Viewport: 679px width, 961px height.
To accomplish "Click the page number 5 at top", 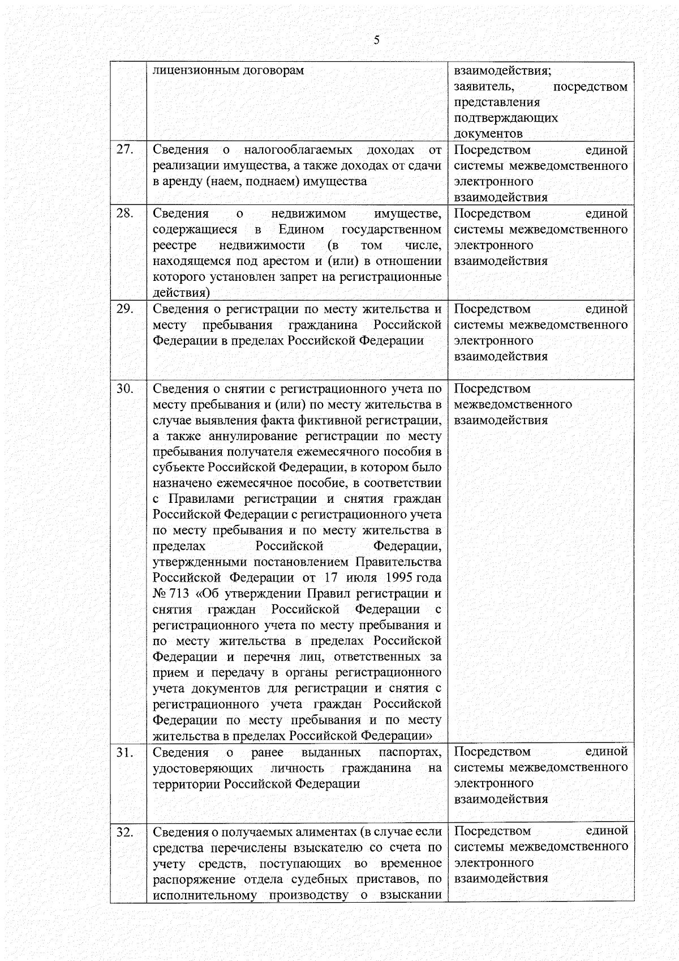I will pyautogui.click(x=376, y=40).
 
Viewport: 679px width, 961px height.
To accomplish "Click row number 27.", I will pyautogui.click(x=124, y=150).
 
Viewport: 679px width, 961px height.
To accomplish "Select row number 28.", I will pyautogui.click(x=124, y=213).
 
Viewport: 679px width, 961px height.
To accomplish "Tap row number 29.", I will pyautogui.click(x=124, y=309).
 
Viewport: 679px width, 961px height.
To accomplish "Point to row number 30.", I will pyautogui.click(x=124, y=388).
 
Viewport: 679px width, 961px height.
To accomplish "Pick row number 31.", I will pyautogui.click(x=124, y=752).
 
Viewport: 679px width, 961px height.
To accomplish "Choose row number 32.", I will pyautogui.click(x=124, y=832).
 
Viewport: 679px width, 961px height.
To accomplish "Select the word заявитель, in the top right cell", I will pyautogui.click(x=484, y=87).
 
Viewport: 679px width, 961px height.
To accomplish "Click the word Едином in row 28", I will pyautogui.click(x=301, y=229).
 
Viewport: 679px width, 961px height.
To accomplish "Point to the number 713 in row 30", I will pyautogui.click(x=178, y=593).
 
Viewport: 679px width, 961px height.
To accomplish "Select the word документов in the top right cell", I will pyautogui.click(x=488, y=134).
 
